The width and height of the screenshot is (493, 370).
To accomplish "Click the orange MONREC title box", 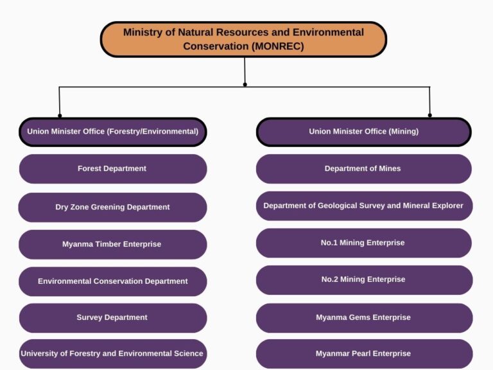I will pyautogui.click(x=243, y=39).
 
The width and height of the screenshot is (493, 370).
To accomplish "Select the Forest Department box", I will pyautogui.click(x=112, y=169).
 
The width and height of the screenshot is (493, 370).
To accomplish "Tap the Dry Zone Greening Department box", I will pyautogui.click(x=112, y=207).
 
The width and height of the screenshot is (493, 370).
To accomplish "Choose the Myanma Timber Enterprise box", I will pyautogui.click(x=112, y=244).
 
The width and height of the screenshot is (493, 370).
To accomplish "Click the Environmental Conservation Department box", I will pyautogui.click(x=112, y=281).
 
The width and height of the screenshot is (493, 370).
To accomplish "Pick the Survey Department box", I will pyautogui.click(x=112, y=317).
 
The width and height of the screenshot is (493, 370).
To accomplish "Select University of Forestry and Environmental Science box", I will pyautogui.click(x=112, y=353).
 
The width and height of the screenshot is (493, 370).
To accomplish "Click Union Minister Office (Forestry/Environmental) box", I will pyautogui.click(x=112, y=132).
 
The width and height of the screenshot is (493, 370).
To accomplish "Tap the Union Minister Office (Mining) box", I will pyautogui.click(x=363, y=132).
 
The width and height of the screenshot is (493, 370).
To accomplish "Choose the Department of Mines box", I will pyautogui.click(x=363, y=169).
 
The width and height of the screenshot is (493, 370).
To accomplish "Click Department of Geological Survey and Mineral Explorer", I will pyautogui.click(x=363, y=206).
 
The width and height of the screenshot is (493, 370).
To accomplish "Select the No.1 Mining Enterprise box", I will pyautogui.click(x=363, y=243).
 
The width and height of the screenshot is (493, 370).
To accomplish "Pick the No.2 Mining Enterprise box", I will pyautogui.click(x=363, y=279).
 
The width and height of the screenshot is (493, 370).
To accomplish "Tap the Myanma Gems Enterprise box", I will pyautogui.click(x=363, y=317).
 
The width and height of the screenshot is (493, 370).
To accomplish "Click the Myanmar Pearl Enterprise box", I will pyautogui.click(x=363, y=353).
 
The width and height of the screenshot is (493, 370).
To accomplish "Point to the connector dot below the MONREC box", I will pyautogui.click(x=245, y=84).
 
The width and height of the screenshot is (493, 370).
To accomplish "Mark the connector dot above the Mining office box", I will pyautogui.click(x=430, y=116).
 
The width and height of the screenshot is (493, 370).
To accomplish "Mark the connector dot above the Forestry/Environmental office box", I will pyautogui.click(x=60, y=116).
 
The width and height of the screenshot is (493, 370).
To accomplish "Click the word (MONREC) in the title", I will pyautogui.click(x=279, y=46).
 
